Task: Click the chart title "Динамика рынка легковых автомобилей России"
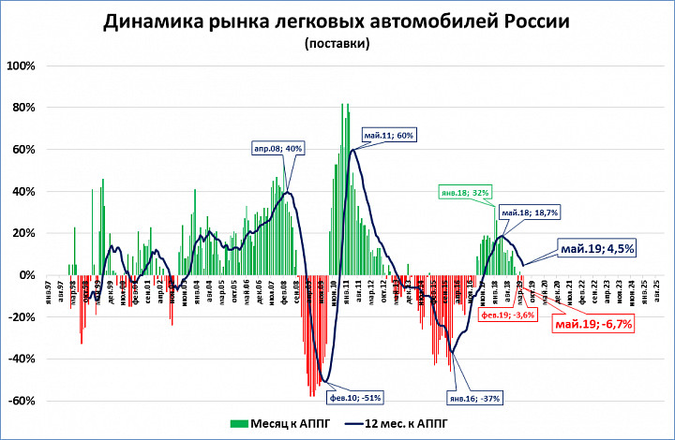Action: (337, 22)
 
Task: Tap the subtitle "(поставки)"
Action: (337, 43)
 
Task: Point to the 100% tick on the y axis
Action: (21, 66)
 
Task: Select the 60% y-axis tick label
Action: (22, 150)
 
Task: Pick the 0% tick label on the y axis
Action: (26, 275)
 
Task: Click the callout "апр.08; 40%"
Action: (277, 148)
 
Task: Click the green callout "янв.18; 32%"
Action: (467, 193)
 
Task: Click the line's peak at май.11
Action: (352, 149)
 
